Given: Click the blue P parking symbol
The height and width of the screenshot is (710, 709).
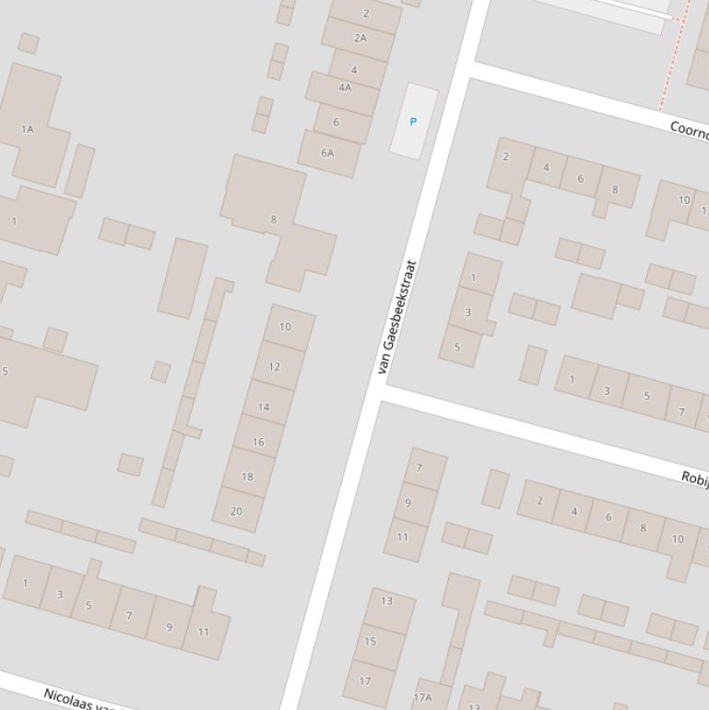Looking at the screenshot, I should pyautogui.click(x=413, y=122).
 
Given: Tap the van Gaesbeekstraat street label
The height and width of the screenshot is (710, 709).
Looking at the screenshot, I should pyautogui.click(x=397, y=316).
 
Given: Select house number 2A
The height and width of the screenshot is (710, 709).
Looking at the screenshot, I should pyautogui.click(x=360, y=38).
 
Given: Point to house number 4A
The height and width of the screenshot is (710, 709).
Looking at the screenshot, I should pyautogui.click(x=345, y=88).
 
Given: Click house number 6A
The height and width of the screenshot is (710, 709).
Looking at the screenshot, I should pyautogui.click(x=327, y=152).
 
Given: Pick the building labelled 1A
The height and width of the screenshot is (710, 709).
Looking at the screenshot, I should pyautogui.click(x=28, y=129).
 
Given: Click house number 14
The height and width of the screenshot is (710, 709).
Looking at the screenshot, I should pyautogui.click(x=264, y=407).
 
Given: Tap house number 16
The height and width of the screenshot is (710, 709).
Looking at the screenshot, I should pyautogui.click(x=258, y=442).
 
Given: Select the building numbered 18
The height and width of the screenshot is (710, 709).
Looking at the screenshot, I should pyautogui.click(x=247, y=477).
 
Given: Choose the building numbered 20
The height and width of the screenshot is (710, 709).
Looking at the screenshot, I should pyautogui.click(x=236, y=511).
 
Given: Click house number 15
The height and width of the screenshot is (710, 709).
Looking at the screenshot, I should pyautogui.click(x=371, y=641).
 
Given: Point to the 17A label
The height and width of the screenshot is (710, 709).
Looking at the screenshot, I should pyautogui.click(x=422, y=697).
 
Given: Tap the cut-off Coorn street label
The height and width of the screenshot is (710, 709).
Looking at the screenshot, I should pyautogui.click(x=689, y=131).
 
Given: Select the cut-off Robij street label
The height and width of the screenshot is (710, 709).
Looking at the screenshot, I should pyautogui.click(x=694, y=479).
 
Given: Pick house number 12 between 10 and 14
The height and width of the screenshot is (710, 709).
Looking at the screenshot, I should pyautogui.click(x=274, y=366).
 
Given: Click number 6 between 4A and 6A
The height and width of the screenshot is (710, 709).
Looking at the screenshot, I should pyautogui.click(x=336, y=122).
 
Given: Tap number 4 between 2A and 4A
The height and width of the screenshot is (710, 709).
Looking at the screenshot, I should pyautogui.click(x=354, y=70).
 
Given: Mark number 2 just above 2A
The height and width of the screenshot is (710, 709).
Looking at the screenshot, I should pyautogui.click(x=366, y=13).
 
